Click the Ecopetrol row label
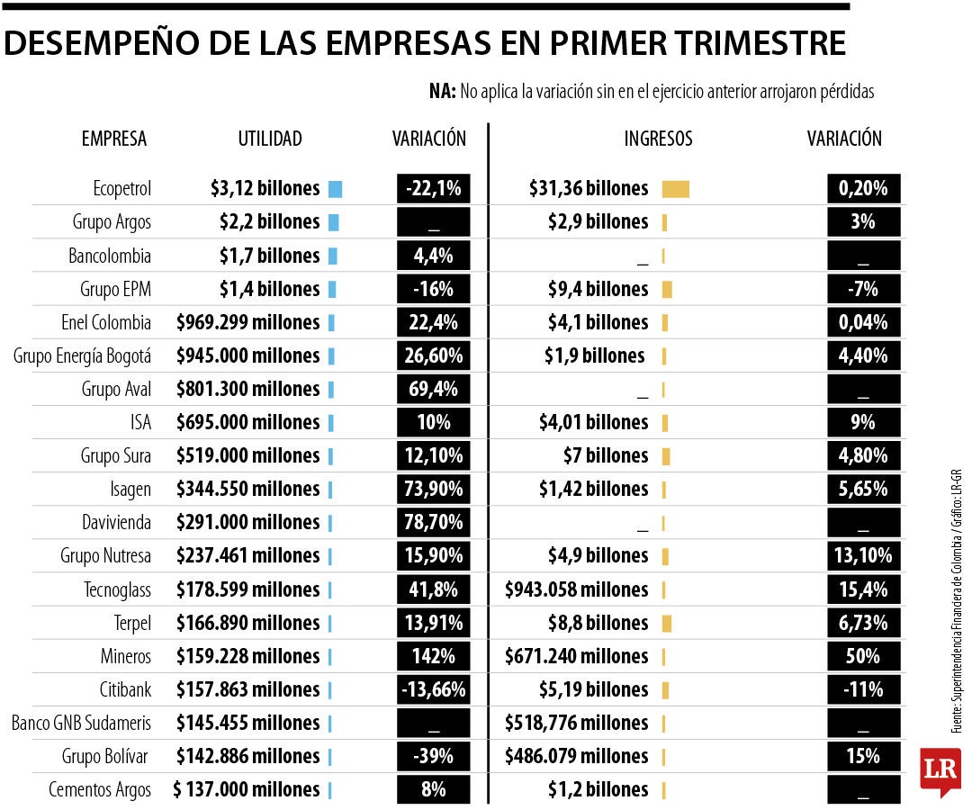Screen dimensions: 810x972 click(x=121, y=189)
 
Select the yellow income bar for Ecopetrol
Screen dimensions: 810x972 click(x=675, y=189)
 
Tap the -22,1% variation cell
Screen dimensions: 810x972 click(x=433, y=189)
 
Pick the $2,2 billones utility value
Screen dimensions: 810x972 click(x=269, y=222)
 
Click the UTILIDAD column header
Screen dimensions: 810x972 click(x=270, y=139)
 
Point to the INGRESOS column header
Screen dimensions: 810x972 click(x=658, y=139)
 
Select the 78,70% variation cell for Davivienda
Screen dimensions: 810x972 click(x=433, y=523)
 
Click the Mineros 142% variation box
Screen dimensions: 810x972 click(x=433, y=656)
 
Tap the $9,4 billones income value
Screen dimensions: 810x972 click(x=598, y=289)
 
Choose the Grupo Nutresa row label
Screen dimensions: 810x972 click(x=105, y=556)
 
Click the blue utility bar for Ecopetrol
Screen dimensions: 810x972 click(x=336, y=189)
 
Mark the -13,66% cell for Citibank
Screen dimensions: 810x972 click(x=433, y=690)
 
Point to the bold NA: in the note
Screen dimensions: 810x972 click(x=442, y=91)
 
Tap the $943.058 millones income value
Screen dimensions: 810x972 click(x=576, y=589)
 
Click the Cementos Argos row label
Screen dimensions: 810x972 click(x=100, y=790)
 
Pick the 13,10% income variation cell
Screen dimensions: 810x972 click(x=863, y=556)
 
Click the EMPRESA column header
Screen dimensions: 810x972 click(x=113, y=139)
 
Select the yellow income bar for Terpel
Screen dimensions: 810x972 click(x=666, y=623)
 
